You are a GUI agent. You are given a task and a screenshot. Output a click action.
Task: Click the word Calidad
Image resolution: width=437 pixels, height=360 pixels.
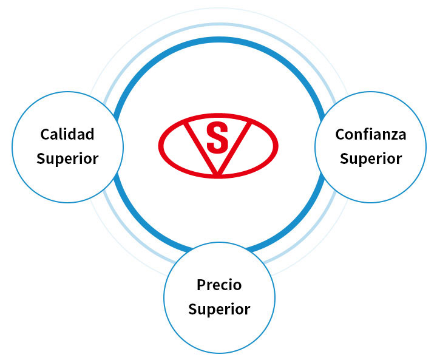click(x=67, y=134)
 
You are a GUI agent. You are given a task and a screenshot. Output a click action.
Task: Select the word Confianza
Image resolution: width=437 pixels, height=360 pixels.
click(x=371, y=134)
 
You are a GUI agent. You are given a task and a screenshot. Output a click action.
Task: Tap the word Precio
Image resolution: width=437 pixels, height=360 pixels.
click(x=219, y=285)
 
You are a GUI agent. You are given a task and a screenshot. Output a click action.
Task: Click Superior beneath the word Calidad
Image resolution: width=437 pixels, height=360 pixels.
click(x=67, y=159)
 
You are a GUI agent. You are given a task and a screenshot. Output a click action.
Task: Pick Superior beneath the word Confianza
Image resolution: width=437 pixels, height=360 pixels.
click(x=371, y=159)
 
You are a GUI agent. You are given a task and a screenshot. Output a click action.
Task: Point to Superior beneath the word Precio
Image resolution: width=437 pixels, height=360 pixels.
click(x=219, y=310)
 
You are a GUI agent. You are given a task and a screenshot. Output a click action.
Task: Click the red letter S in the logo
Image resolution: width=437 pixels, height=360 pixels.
click(x=217, y=138)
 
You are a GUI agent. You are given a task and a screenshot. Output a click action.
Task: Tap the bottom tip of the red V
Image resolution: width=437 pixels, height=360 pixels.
click(x=218, y=175)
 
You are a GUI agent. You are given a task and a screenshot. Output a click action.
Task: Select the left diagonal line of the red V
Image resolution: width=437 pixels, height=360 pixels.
click(x=202, y=148)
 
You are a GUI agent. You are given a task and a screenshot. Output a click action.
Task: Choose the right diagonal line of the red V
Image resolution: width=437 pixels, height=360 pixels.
click(x=234, y=148)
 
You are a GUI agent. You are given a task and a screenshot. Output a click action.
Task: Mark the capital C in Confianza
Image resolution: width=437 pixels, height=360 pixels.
click(x=340, y=134)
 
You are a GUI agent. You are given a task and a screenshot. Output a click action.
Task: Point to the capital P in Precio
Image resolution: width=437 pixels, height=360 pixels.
click(x=202, y=285)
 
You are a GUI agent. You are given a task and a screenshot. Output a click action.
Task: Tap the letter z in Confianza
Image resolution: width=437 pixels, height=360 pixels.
click(x=392, y=136)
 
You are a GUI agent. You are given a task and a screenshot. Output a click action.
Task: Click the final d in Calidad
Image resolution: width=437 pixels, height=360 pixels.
click(x=89, y=134)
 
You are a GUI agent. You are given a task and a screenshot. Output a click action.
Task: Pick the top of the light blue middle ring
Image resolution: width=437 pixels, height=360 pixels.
click(x=219, y=24)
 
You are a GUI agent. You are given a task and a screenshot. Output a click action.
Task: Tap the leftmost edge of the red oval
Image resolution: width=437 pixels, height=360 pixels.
click(x=160, y=145)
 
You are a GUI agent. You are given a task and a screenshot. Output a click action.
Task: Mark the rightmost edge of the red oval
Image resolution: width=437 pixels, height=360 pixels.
click(x=276, y=145)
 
